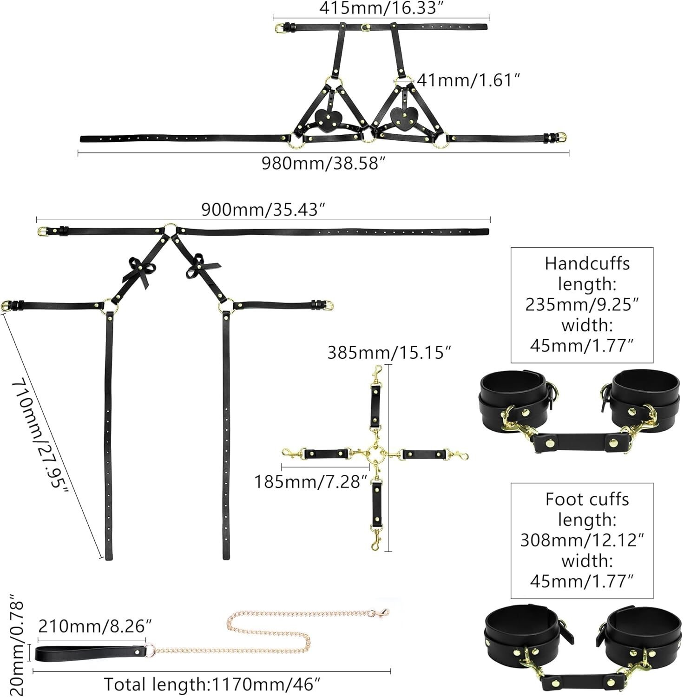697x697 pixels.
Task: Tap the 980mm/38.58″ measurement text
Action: pos(323,164)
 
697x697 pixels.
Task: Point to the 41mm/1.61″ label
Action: pos(467,80)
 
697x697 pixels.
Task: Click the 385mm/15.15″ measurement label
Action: pos(389,353)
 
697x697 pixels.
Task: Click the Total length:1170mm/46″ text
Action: pos(212,684)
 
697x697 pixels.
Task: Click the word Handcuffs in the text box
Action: pos(587,263)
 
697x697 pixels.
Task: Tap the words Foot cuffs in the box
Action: pos(587,499)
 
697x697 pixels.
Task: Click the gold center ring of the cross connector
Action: pos(375,453)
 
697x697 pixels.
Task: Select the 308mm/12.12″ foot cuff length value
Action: pos(582,540)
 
